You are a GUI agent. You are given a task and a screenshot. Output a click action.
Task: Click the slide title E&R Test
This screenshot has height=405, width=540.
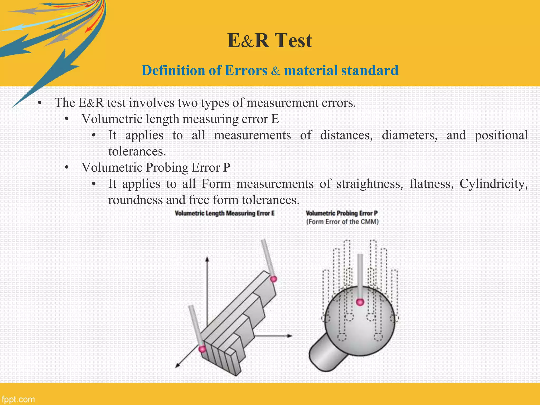[x=270, y=41]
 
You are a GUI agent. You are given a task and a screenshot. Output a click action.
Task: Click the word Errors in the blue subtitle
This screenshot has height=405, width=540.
[x=246, y=71]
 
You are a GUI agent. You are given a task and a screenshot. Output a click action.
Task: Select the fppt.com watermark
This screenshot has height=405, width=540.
[x=18, y=399]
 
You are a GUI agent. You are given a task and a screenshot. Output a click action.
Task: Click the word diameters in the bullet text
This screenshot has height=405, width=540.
[x=409, y=136]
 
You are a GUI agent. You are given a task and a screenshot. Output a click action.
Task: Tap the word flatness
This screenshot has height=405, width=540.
[x=431, y=184]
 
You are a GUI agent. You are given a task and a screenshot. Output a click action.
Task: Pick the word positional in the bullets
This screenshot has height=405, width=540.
[x=501, y=136]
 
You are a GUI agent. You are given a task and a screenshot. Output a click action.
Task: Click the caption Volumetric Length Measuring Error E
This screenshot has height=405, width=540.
[x=225, y=213]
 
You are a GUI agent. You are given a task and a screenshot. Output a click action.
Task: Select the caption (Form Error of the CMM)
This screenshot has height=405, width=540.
[x=342, y=222]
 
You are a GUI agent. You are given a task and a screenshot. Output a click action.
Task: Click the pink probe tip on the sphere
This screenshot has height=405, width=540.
[x=360, y=302]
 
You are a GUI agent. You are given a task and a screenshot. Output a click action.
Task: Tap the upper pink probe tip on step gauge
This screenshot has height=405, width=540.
[x=274, y=279]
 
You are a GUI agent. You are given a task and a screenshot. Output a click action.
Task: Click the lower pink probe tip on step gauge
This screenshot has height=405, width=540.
[x=202, y=349]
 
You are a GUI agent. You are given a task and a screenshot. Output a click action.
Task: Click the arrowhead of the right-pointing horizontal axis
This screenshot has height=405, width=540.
[x=290, y=336]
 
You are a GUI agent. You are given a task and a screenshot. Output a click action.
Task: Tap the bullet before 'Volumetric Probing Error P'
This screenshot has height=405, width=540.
[x=67, y=168]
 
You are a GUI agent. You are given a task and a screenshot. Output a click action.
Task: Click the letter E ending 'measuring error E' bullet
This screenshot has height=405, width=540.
[x=275, y=119]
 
